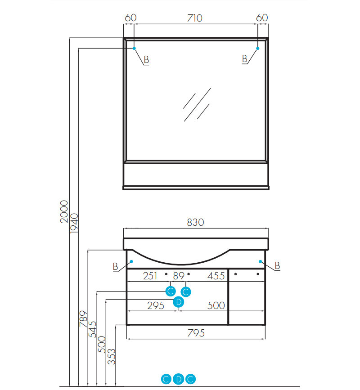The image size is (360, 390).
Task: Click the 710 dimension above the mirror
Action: tap(195, 18)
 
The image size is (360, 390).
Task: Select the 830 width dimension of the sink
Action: tap(195, 222)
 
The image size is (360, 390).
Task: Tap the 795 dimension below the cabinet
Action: tap(195, 333)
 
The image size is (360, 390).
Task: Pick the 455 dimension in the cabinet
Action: tap(216, 276)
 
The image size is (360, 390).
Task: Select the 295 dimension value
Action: tap(156, 306)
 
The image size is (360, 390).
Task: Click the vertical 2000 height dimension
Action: tap(64, 212)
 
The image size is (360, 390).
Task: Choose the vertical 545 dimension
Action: tap(92, 329)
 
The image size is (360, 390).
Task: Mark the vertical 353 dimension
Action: tap(111, 356)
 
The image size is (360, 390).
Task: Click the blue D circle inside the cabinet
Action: tap(179, 302)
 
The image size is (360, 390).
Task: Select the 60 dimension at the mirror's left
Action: tap(130, 18)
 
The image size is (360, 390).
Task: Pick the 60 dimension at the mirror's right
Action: tap(262, 18)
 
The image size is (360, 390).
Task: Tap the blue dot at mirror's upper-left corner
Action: tap(134, 48)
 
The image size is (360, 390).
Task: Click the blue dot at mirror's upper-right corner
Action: tap(257, 48)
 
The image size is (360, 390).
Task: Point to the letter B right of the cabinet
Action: tap(277, 266)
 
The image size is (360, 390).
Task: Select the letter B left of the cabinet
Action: tap(116, 267)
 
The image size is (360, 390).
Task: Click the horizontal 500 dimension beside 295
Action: tap(216, 306)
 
